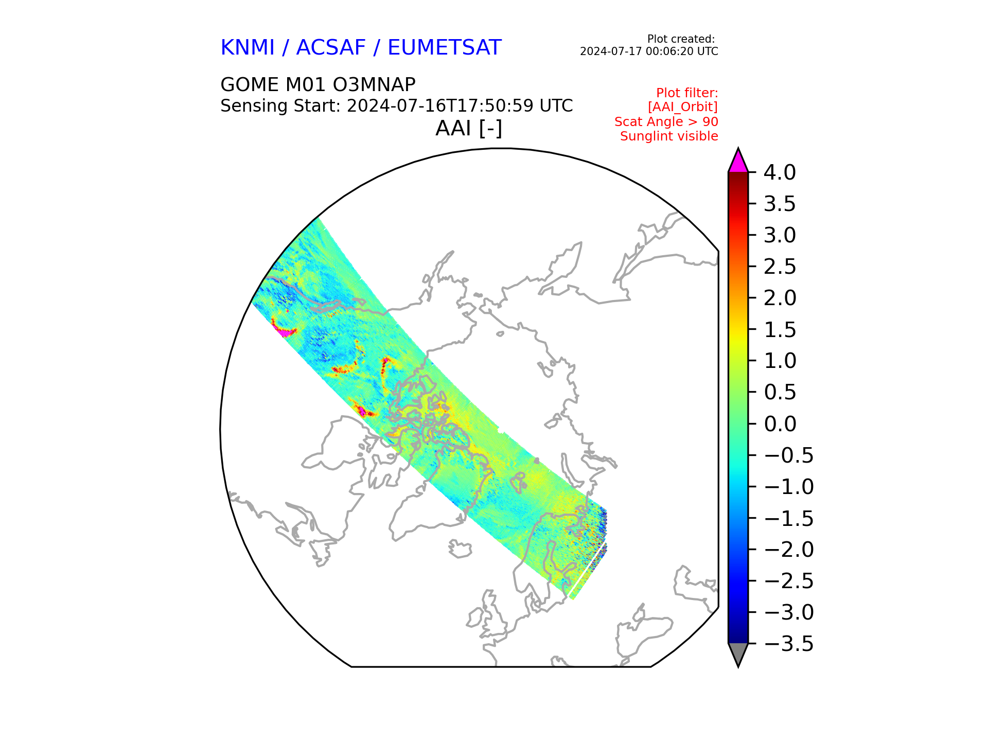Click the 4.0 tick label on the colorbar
click(780, 172)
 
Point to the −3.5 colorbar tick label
click(789, 644)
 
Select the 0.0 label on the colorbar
click(780, 424)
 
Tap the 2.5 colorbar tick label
click(780, 267)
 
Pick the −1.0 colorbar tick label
click(789, 487)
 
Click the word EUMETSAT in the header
click(444, 48)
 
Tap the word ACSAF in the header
click(331, 48)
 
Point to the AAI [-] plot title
click(469, 128)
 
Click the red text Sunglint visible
click(669, 136)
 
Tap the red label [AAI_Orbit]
click(683, 107)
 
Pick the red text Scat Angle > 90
click(666, 122)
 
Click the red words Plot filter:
click(687, 93)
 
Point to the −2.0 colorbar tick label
click(789, 550)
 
